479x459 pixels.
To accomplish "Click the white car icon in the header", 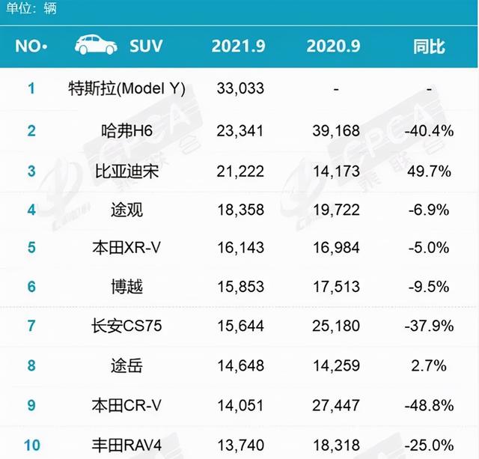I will (x=96, y=45).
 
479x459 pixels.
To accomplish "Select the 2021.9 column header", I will (x=238, y=46).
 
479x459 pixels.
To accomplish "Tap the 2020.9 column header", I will (x=334, y=46).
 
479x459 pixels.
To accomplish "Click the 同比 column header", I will (x=429, y=46).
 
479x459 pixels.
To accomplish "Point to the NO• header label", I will (x=31, y=46).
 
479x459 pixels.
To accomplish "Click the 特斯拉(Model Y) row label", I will (x=126, y=89).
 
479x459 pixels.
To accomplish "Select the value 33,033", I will (x=239, y=89).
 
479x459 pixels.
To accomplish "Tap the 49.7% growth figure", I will (x=429, y=171).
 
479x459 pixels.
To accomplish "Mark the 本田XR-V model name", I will (x=126, y=246).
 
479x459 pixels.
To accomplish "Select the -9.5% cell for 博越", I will (x=429, y=286).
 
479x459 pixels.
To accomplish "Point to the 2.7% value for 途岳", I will (x=429, y=366).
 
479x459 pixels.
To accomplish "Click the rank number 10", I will (x=31, y=445).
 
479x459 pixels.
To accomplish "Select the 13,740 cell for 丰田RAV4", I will (x=239, y=445).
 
